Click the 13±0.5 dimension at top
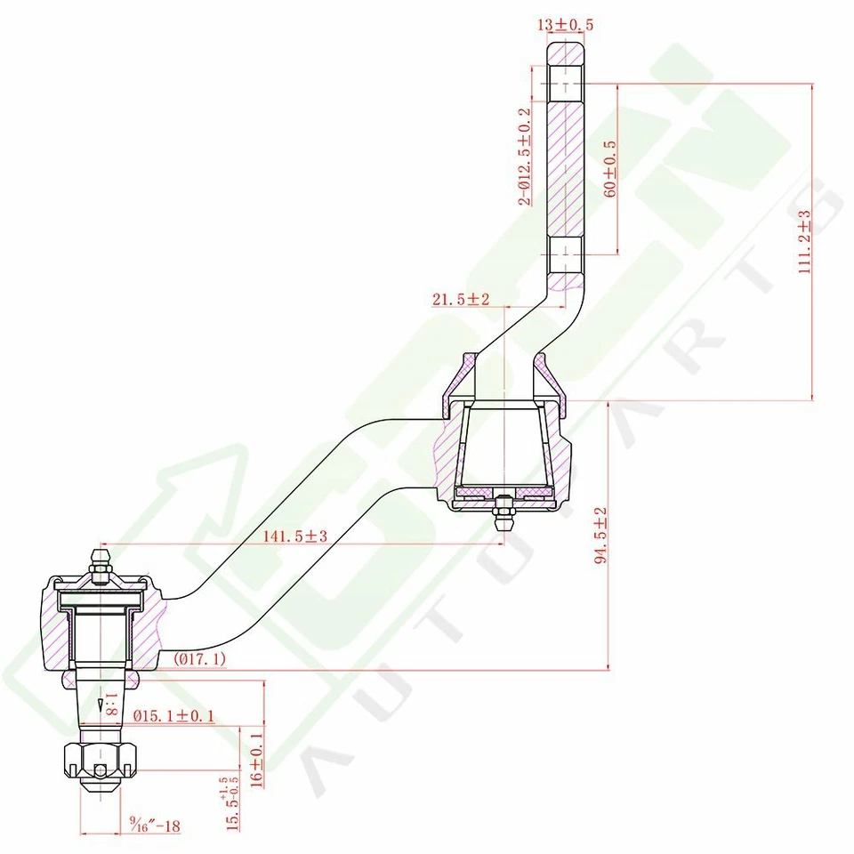pos(565,25)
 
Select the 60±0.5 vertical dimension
pos(610,166)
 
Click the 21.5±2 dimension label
pos(461,300)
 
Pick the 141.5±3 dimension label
pos(295,536)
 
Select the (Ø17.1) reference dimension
pos(200,659)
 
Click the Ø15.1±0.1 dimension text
pos(173,716)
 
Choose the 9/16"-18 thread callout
pos(155,826)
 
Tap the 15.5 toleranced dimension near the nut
pos(233,802)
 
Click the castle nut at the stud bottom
pos(100,762)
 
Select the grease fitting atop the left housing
pos(101,566)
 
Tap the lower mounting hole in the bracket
pos(564,255)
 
